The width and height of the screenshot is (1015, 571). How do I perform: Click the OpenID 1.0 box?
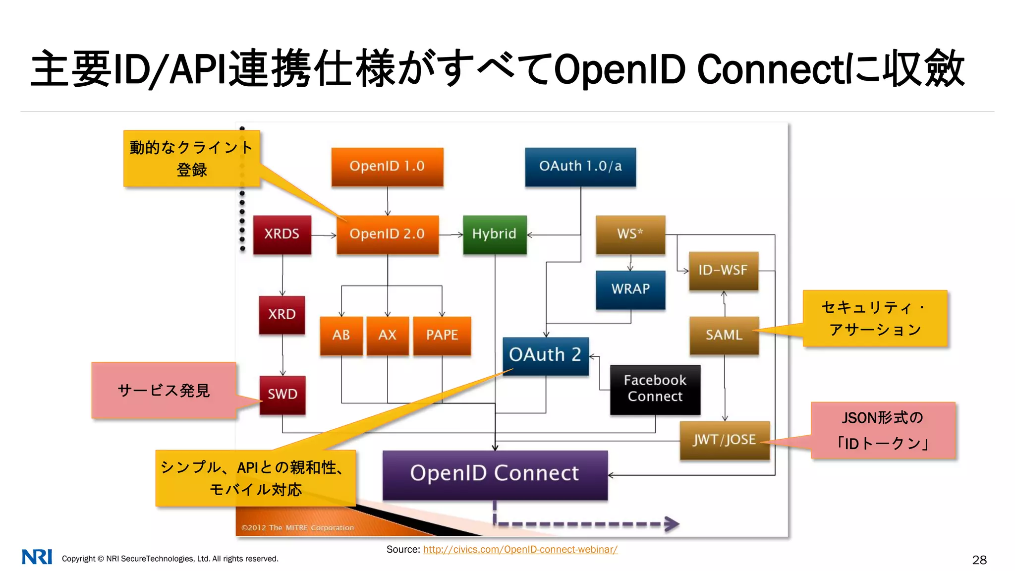[387, 167]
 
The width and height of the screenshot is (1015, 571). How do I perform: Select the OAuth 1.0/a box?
[580, 167]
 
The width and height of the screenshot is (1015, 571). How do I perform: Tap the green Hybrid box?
[495, 234]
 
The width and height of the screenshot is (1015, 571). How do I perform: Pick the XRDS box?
[282, 234]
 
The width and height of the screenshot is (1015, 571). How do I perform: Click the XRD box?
[282, 315]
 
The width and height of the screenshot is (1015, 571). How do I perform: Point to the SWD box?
[282, 395]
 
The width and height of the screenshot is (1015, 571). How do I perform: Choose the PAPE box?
[442, 336]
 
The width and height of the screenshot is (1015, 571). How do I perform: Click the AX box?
[388, 336]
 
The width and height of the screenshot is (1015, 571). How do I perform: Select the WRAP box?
[630, 289]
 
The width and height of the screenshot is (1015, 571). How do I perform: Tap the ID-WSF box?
[724, 271]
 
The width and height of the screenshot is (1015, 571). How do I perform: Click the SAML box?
[724, 336]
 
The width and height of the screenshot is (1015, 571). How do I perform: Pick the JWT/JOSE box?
[725, 440]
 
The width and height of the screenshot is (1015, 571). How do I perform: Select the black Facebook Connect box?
[655, 389]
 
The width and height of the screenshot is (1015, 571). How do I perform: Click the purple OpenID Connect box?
[495, 474]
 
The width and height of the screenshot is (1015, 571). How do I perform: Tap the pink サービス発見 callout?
[164, 391]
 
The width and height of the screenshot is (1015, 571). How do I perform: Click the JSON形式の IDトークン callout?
[883, 430]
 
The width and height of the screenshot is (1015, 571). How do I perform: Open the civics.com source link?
[520, 549]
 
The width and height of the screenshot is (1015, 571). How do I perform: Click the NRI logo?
[37, 557]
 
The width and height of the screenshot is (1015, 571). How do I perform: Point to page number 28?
[979, 560]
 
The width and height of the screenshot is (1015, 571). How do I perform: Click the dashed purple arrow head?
[672, 524]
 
